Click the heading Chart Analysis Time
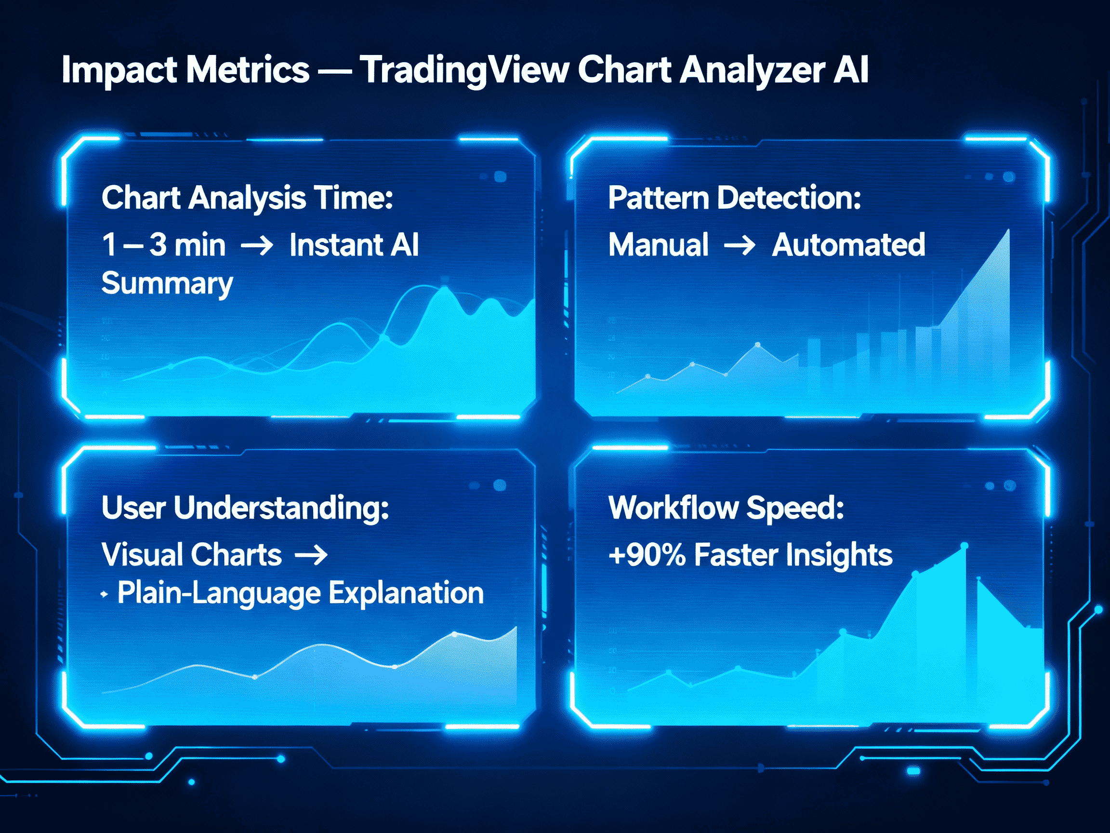247,198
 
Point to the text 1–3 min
164,245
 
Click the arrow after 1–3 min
257,245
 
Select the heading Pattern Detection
735,198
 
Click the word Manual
659,245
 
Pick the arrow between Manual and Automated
740,245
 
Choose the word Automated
848,245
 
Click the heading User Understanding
245,508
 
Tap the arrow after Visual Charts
311,555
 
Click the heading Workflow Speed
726,508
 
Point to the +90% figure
647,555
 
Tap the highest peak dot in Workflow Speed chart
964,546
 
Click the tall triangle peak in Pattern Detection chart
1008,232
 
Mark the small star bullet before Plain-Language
104,594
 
